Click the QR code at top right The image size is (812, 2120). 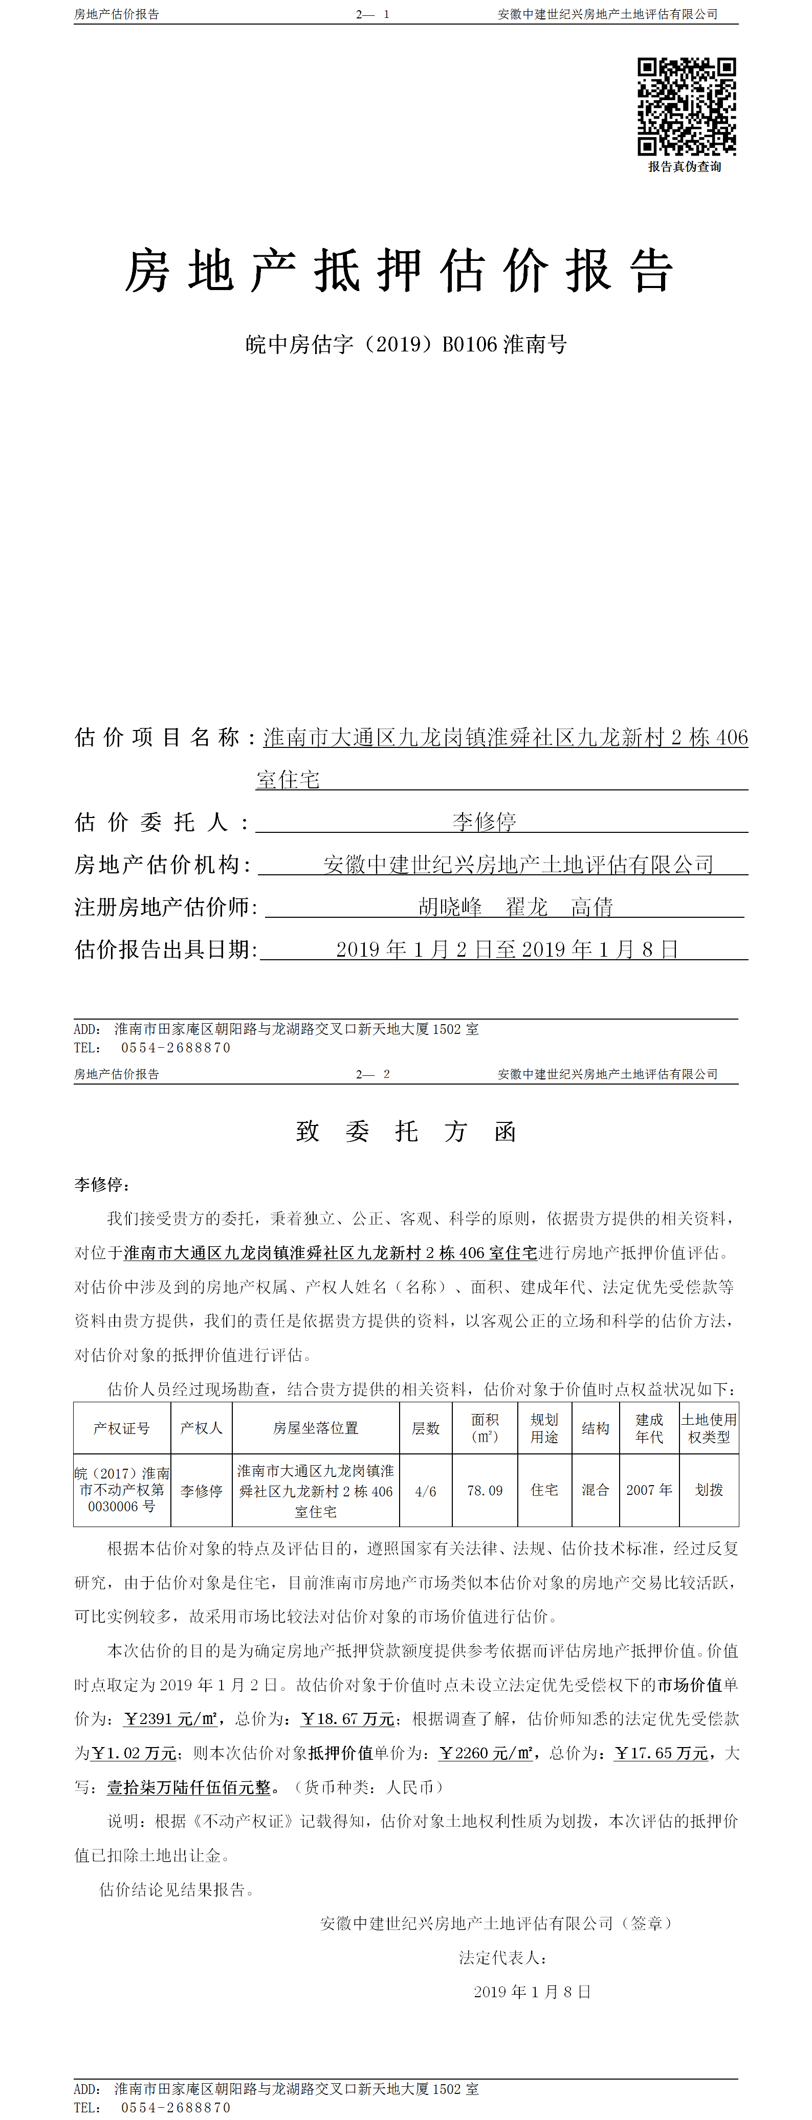point(686,106)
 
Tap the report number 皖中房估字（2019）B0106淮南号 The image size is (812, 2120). point(406,344)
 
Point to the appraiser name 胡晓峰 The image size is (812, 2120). point(450,907)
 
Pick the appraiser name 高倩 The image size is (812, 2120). point(592,907)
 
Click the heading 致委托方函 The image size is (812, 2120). point(406,1132)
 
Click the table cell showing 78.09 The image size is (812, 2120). point(485,1490)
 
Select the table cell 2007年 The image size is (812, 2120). point(649,1490)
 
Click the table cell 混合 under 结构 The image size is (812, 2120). point(595,1490)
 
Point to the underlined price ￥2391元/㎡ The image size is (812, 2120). point(171,1719)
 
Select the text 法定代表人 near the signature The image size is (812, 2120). point(502,1958)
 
